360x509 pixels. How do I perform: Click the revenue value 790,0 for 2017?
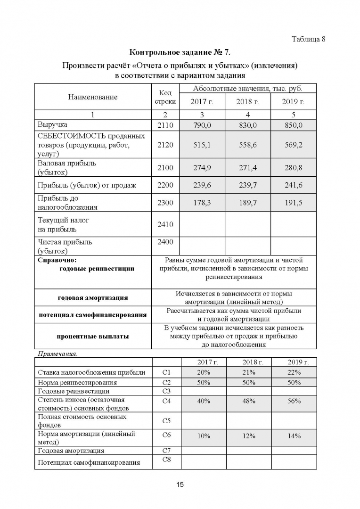point(202,125)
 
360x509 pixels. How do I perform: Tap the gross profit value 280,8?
point(293,168)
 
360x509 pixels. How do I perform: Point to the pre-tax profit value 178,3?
point(202,203)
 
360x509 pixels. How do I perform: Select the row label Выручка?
point(52,125)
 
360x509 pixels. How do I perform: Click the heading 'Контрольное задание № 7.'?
point(180,52)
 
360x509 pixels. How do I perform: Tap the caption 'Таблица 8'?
point(309,39)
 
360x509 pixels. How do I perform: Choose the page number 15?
point(180,484)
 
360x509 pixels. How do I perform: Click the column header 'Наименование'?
point(92,97)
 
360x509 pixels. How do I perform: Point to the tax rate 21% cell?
point(249,372)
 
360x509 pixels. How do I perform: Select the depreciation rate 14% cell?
point(294,436)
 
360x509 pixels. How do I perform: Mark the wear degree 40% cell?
point(204,401)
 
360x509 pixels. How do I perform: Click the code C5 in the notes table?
point(166,420)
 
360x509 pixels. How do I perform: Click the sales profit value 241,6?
point(293,185)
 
